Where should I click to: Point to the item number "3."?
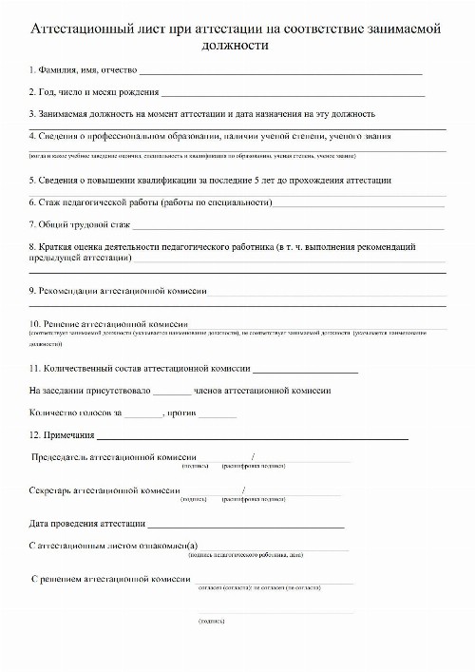(32, 113)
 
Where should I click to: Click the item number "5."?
(32, 180)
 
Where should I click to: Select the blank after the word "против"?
(218, 413)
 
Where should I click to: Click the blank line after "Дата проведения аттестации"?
(245, 524)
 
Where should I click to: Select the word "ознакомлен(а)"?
(166, 546)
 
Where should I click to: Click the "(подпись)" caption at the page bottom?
(211, 620)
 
